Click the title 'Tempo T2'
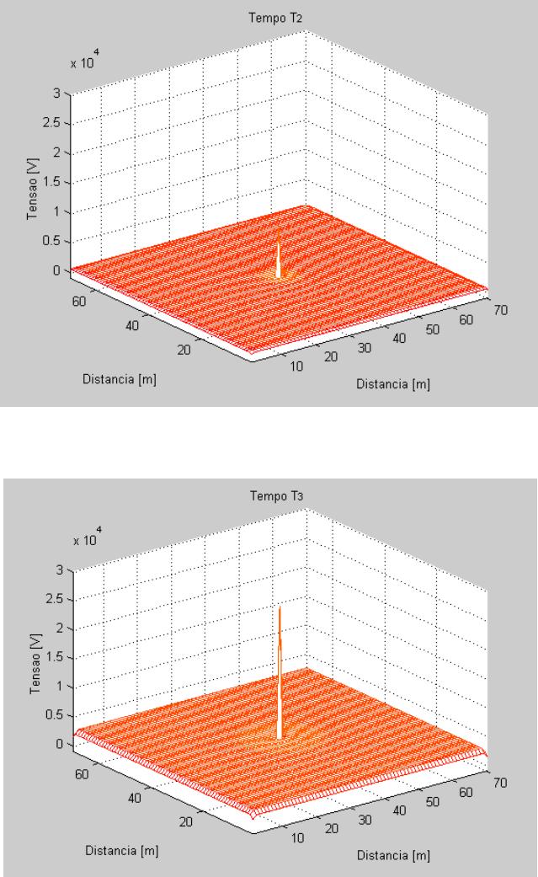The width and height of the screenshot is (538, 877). coord(275,18)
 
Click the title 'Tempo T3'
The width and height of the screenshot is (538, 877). coord(277,496)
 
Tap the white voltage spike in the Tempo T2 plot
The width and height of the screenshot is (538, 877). coord(279,254)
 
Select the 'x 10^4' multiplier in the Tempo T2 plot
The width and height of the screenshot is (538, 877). coord(85,61)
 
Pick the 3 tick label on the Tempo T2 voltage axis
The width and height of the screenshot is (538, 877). coord(56,94)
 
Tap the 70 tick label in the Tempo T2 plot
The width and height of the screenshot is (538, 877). coord(500,310)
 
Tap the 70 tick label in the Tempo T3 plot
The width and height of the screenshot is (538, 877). coord(500,783)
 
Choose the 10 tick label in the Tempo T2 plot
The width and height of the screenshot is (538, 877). coord(296,366)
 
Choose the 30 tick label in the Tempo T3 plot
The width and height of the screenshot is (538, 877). coord(365,820)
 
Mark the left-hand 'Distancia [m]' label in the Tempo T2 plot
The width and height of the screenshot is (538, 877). coord(120,379)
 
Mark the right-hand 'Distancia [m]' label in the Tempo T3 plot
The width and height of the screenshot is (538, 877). coord(394,856)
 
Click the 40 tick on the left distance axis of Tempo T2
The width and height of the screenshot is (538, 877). coord(132,325)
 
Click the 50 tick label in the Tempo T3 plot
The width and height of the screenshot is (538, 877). coord(432,802)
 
